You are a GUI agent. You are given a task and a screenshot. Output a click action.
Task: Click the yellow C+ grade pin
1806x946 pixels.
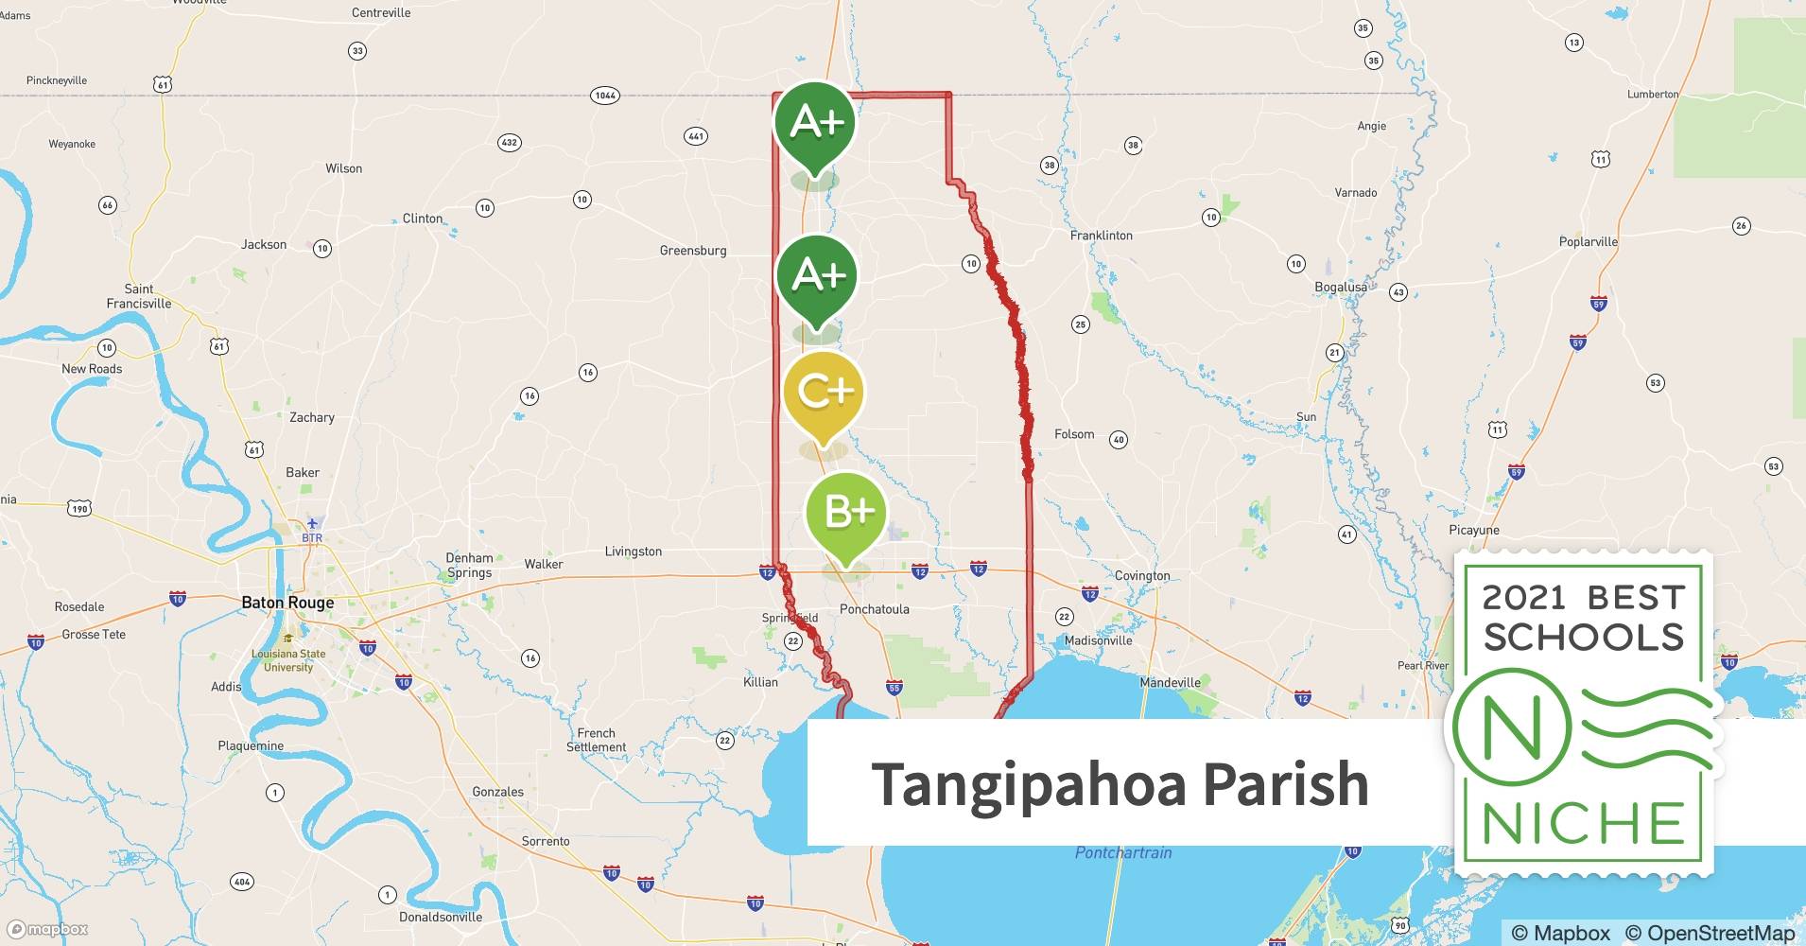pyautogui.click(x=824, y=393)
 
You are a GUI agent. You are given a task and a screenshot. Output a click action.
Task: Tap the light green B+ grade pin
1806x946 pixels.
pyautogui.click(x=846, y=513)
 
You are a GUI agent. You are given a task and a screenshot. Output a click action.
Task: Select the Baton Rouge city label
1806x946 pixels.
pyautogui.click(x=287, y=603)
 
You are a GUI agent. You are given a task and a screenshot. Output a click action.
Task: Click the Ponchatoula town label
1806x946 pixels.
pyautogui.click(x=875, y=609)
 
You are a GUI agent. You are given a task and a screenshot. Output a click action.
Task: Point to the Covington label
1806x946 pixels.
pyautogui.click(x=1142, y=575)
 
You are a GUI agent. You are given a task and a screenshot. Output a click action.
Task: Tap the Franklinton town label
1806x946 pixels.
pyautogui.click(x=1101, y=236)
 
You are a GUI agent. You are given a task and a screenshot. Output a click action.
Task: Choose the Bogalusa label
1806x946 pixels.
pyautogui.click(x=1341, y=287)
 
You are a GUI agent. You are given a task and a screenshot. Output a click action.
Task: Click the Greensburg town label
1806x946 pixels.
pyautogui.click(x=693, y=251)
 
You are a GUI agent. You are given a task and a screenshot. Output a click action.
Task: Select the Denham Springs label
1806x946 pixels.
pyautogui.click(x=469, y=566)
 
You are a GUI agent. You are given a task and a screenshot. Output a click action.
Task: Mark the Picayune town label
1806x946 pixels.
pyautogui.click(x=1474, y=531)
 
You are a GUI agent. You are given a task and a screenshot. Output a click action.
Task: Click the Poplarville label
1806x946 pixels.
pyautogui.click(x=1588, y=242)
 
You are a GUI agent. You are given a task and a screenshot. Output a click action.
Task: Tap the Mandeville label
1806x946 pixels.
pyautogui.click(x=1170, y=682)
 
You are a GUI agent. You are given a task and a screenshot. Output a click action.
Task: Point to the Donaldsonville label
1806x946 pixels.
pyautogui.click(x=441, y=917)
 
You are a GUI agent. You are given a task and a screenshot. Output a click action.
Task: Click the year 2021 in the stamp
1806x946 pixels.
pyautogui.click(x=1522, y=598)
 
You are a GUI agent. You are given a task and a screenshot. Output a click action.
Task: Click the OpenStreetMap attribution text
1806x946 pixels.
pyautogui.click(x=1710, y=933)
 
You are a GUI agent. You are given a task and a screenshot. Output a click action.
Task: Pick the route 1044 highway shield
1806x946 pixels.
pyautogui.click(x=605, y=96)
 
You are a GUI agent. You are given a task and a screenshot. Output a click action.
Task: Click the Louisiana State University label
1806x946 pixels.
pyautogui.click(x=288, y=660)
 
